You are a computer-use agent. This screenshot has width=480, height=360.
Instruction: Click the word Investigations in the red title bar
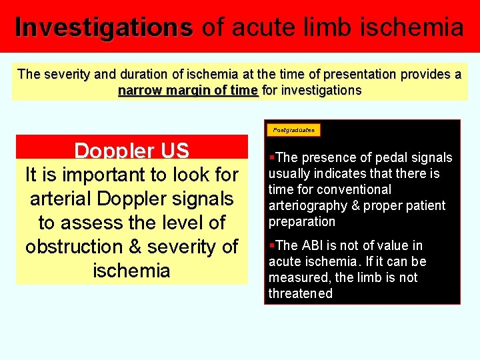[104, 27]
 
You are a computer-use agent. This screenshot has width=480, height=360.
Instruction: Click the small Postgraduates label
[294, 130]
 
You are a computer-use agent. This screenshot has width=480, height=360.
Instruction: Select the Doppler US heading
[131, 151]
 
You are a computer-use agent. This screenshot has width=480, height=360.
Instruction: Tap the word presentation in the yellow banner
[357, 74]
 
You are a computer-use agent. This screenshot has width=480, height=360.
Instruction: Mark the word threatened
[300, 293]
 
